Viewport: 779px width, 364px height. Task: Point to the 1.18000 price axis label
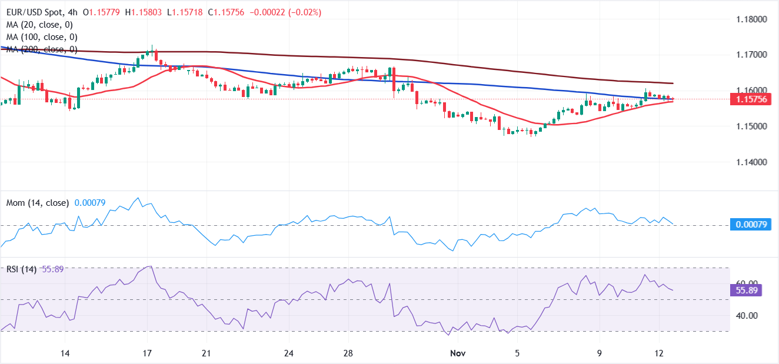[x=750, y=19]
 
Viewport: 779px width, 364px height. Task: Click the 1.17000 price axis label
[x=750, y=55]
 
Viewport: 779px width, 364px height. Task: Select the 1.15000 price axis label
[x=750, y=126]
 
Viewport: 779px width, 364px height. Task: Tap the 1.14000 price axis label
[x=750, y=162]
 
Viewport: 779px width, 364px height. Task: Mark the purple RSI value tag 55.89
[x=745, y=290]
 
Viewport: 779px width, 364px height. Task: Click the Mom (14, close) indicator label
[x=38, y=203]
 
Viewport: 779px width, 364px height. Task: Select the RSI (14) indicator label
[x=21, y=269]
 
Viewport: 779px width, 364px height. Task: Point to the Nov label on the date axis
[x=457, y=353]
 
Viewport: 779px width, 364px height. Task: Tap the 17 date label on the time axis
[x=147, y=353]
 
